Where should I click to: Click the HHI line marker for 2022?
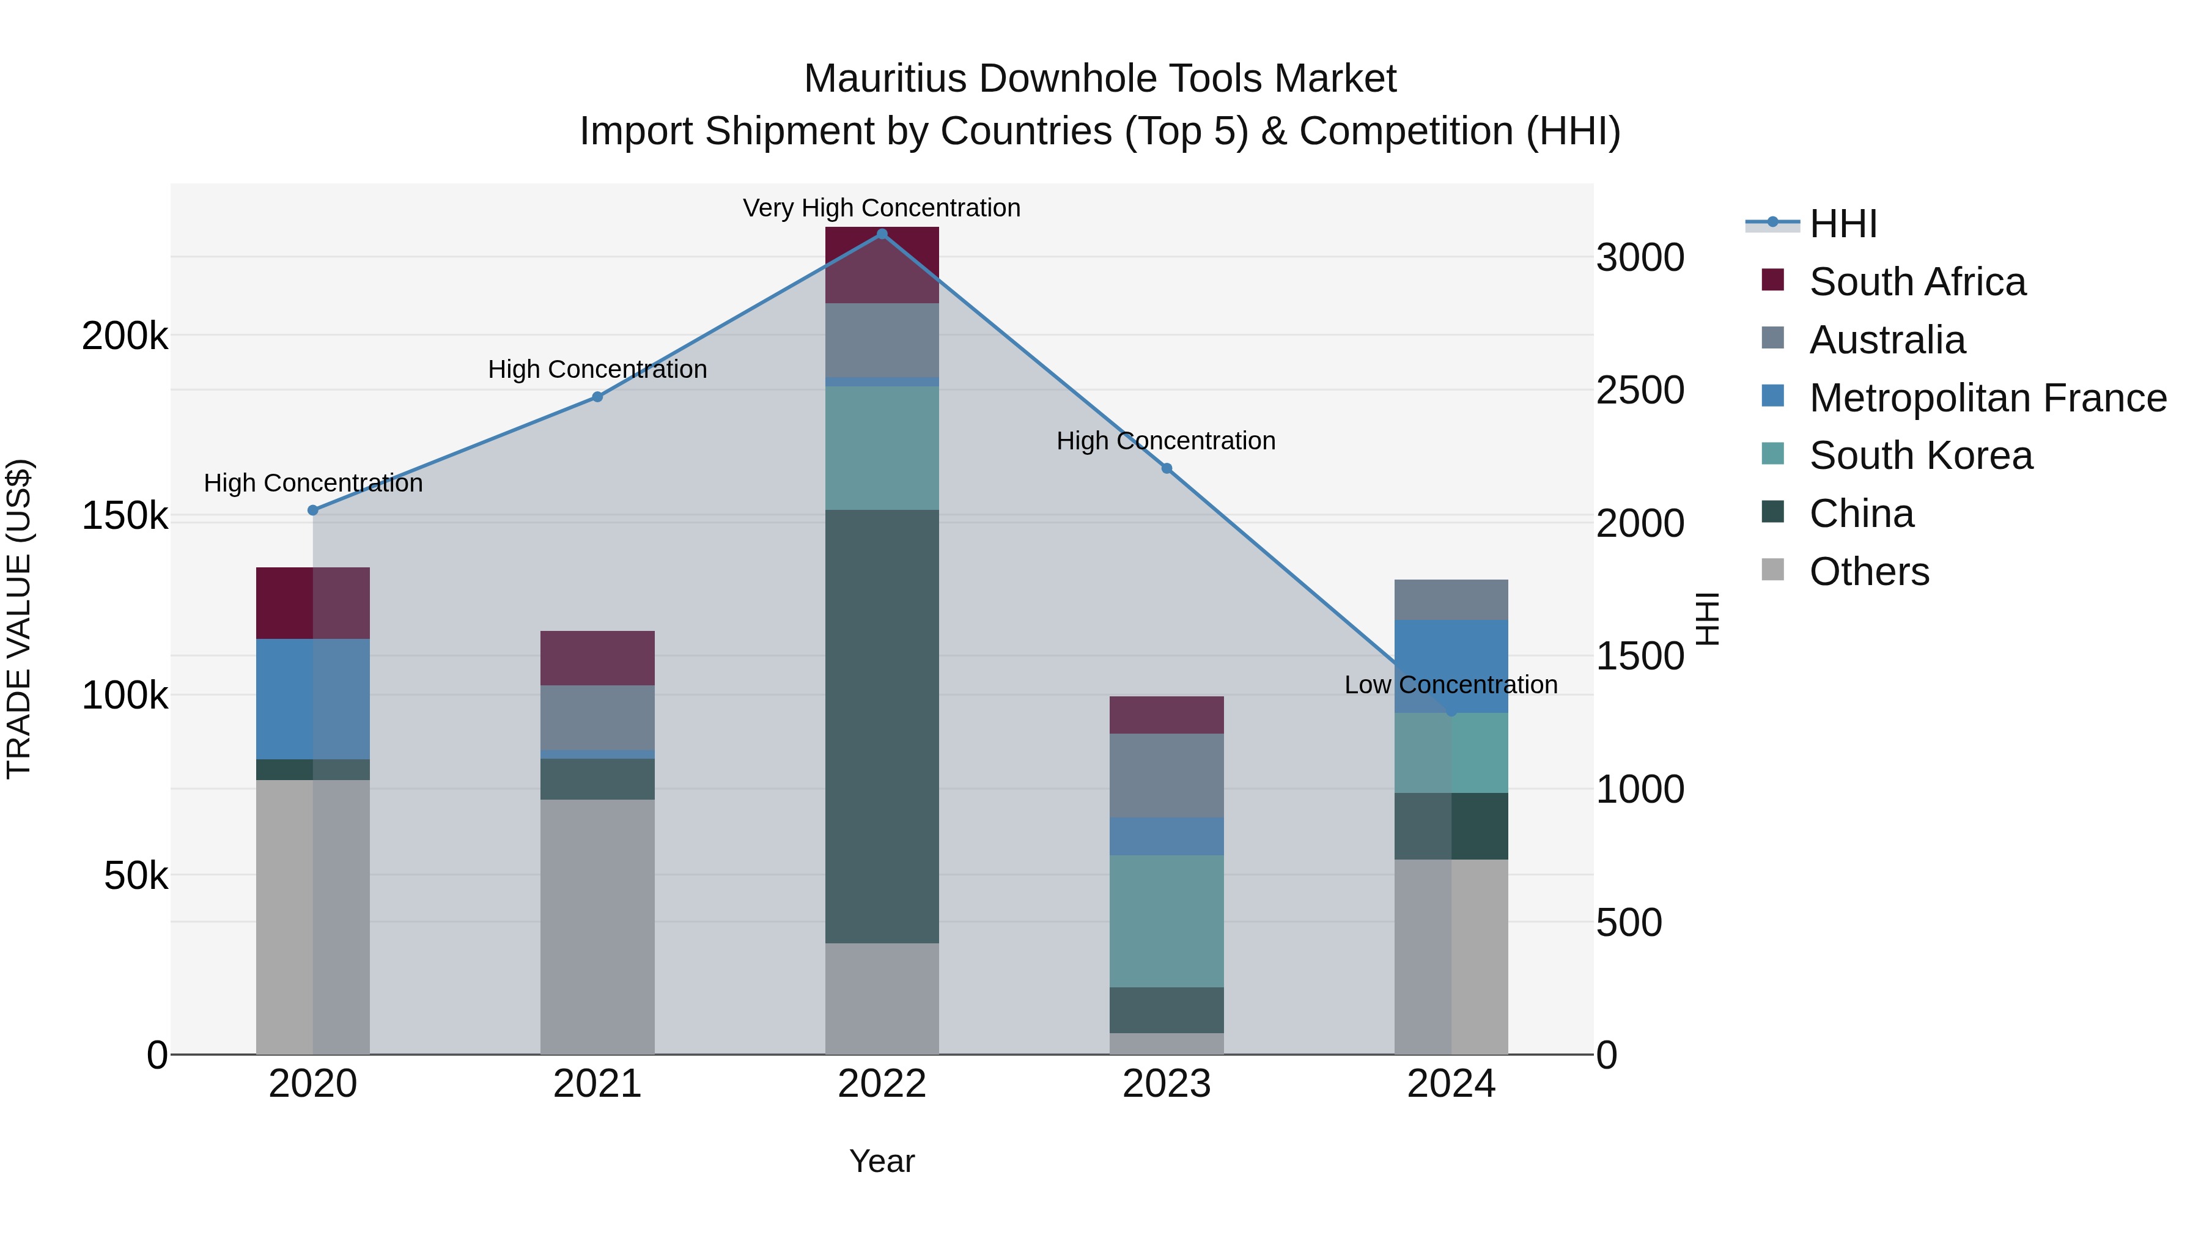pyautogui.click(x=882, y=234)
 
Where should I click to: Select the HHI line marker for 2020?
pyautogui.click(x=312, y=510)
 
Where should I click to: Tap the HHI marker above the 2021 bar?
pyautogui.click(x=597, y=396)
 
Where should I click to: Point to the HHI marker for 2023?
pyautogui.click(x=1167, y=468)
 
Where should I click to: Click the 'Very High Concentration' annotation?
pyautogui.click(x=881, y=208)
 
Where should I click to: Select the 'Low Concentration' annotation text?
pyautogui.click(x=1450, y=684)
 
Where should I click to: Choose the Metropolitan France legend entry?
pyautogui.click(x=1988, y=397)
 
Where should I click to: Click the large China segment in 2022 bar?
pyautogui.click(x=882, y=726)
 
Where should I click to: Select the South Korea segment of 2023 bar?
pyautogui.click(x=1167, y=921)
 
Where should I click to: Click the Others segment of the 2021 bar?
pyautogui.click(x=597, y=926)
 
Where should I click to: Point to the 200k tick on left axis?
pyautogui.click(x=125, y=336)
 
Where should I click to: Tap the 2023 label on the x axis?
pyautogui.click(x=1167, y=1084)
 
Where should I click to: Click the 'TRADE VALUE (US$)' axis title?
pyautogui.click(x=19, y=619)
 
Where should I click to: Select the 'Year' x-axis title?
pyautogui.click(x=882, y=1161)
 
